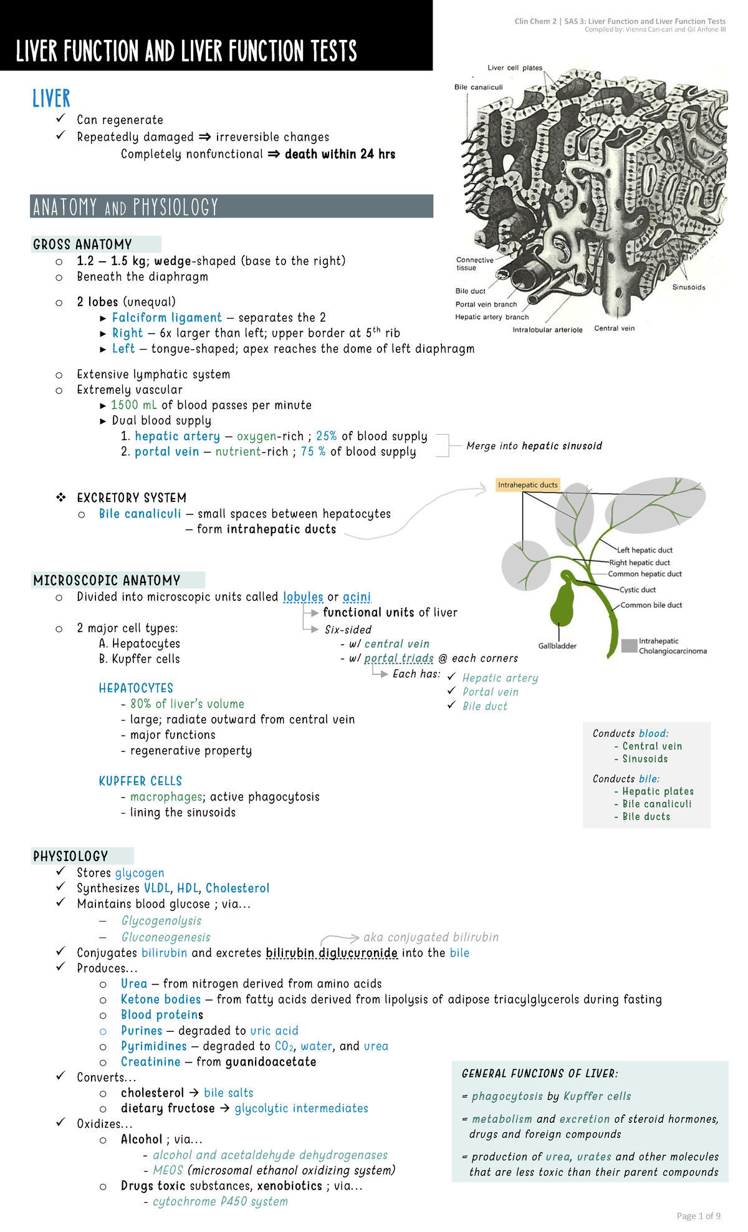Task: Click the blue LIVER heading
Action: click(x=51, y=99)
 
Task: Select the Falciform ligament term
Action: click(x=166, y=317)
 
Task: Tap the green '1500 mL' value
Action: click(x=133, y=405)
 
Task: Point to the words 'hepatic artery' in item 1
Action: click(x=177, y=436)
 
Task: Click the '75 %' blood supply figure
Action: click(x=313, y=451)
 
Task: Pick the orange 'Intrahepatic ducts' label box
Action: click(x=527, y=484)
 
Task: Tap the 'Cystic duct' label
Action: click(x=637, y=590)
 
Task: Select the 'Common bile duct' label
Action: click(x=651, y=605)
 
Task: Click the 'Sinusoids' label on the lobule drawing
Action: click(x=688, y=287)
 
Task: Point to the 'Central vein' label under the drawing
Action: click(x=614, y=329)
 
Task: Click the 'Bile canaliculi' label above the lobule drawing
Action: click(x=478, y=87)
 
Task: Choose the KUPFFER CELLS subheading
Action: click(x=140, y=781)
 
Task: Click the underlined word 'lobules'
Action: click(x=303, y=597)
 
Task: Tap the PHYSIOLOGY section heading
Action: click(x=70, y=856)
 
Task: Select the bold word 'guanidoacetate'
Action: click(x=271, y=1062)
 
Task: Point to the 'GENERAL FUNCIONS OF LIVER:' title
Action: click(x=539, y=1074)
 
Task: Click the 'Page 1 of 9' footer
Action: click(x=698, y=1216)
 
